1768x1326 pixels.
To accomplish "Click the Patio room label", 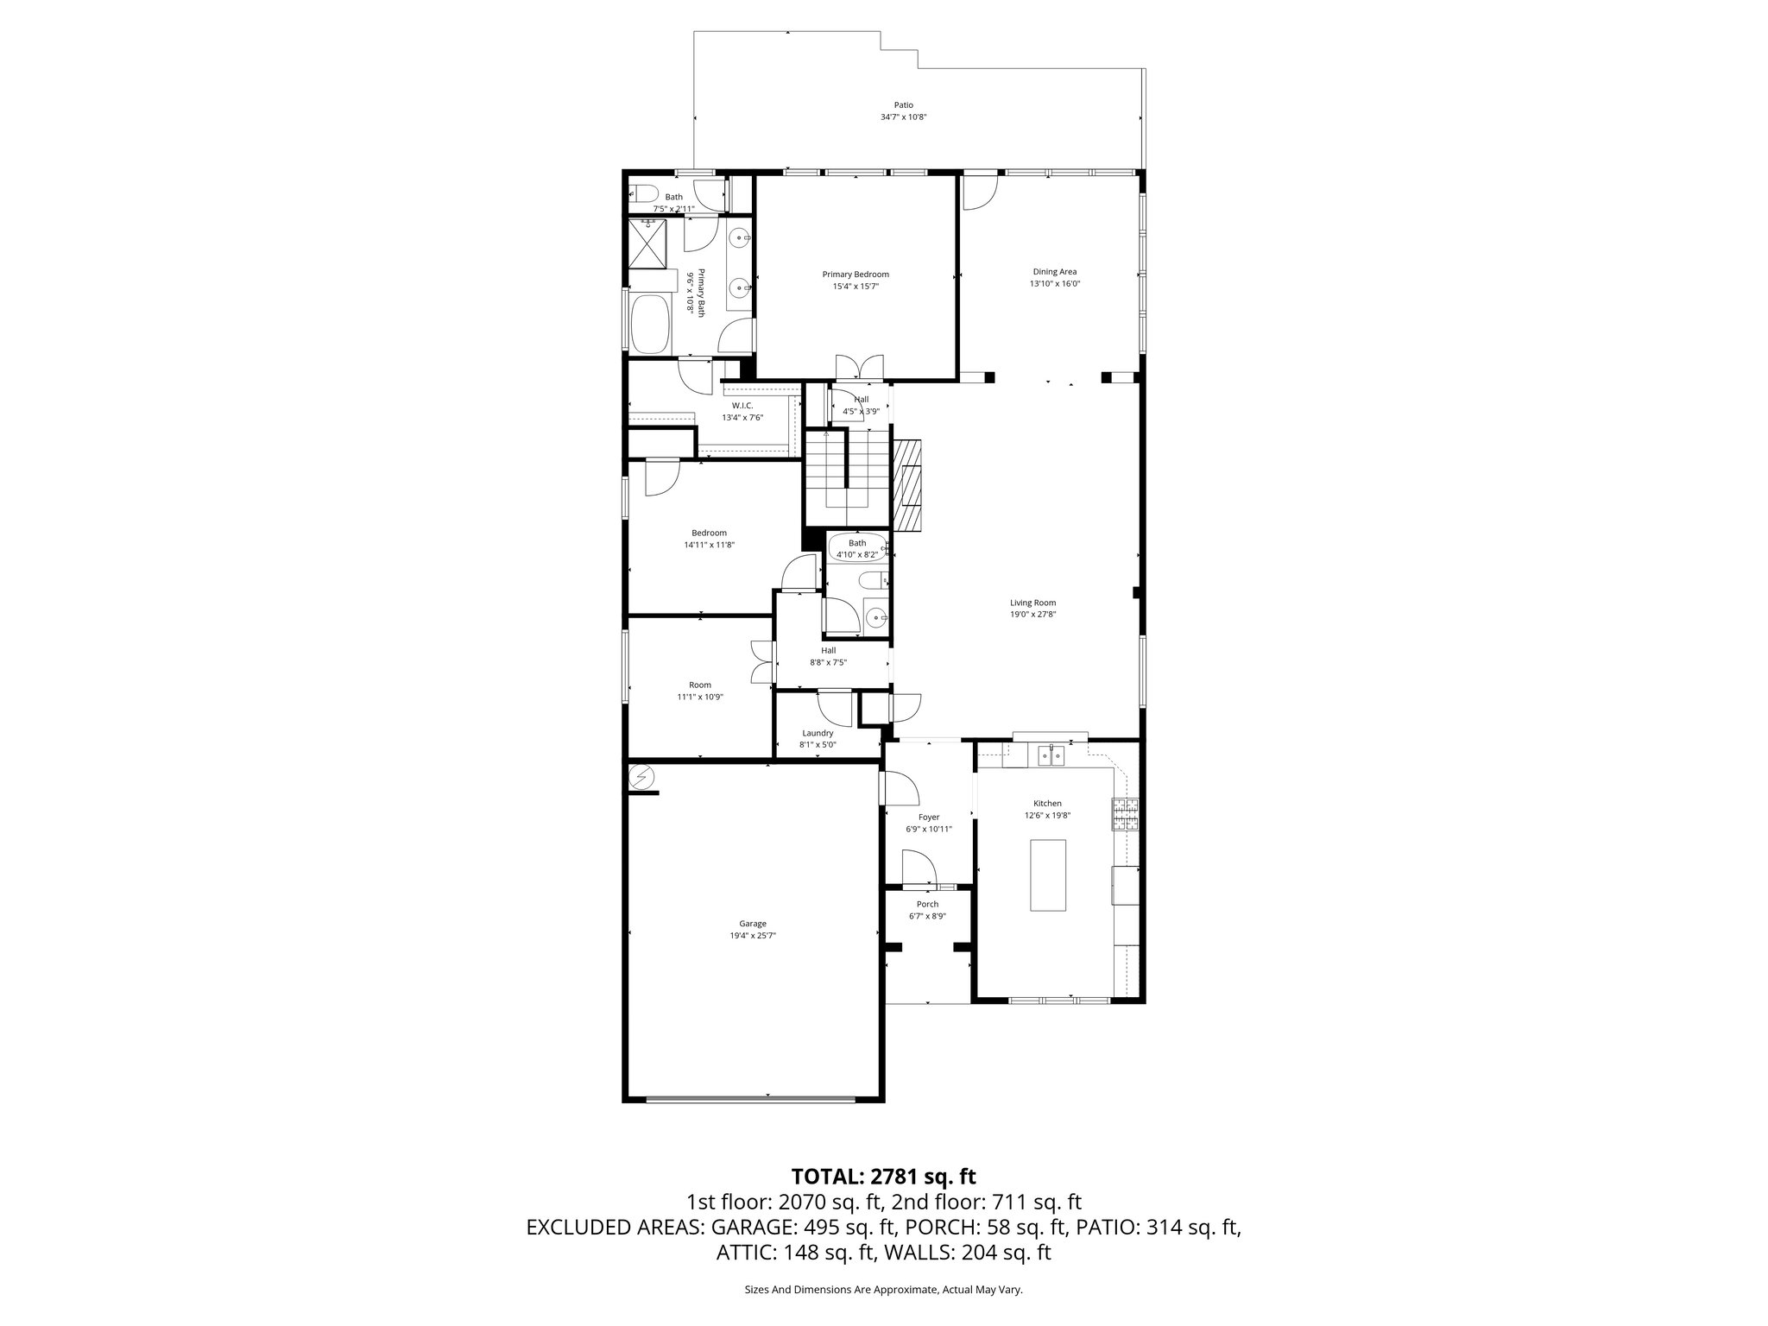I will pos(903,105).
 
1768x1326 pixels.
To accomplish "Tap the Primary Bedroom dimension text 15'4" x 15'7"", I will pos(855,287).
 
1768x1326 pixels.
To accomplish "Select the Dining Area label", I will pos(1054,272).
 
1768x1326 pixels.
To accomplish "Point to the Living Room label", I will pos(1032,603).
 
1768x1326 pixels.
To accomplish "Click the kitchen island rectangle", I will pos(1047,875).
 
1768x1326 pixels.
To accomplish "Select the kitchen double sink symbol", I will pos(1051,756).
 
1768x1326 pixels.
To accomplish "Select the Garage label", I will pos(752,924).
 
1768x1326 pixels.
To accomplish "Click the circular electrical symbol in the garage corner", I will pos(641,778).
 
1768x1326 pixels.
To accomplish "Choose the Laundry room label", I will pos(817,733).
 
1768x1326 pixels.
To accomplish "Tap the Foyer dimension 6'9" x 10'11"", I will pos(928,829).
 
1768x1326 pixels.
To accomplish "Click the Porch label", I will pos(927,905).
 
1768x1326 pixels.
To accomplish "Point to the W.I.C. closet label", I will pos(742,406).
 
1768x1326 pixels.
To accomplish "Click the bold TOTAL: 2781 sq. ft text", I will pos(883,1176).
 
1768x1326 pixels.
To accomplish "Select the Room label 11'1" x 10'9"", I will pos(699,685).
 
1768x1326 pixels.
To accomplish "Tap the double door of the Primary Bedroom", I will pos(859,367).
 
